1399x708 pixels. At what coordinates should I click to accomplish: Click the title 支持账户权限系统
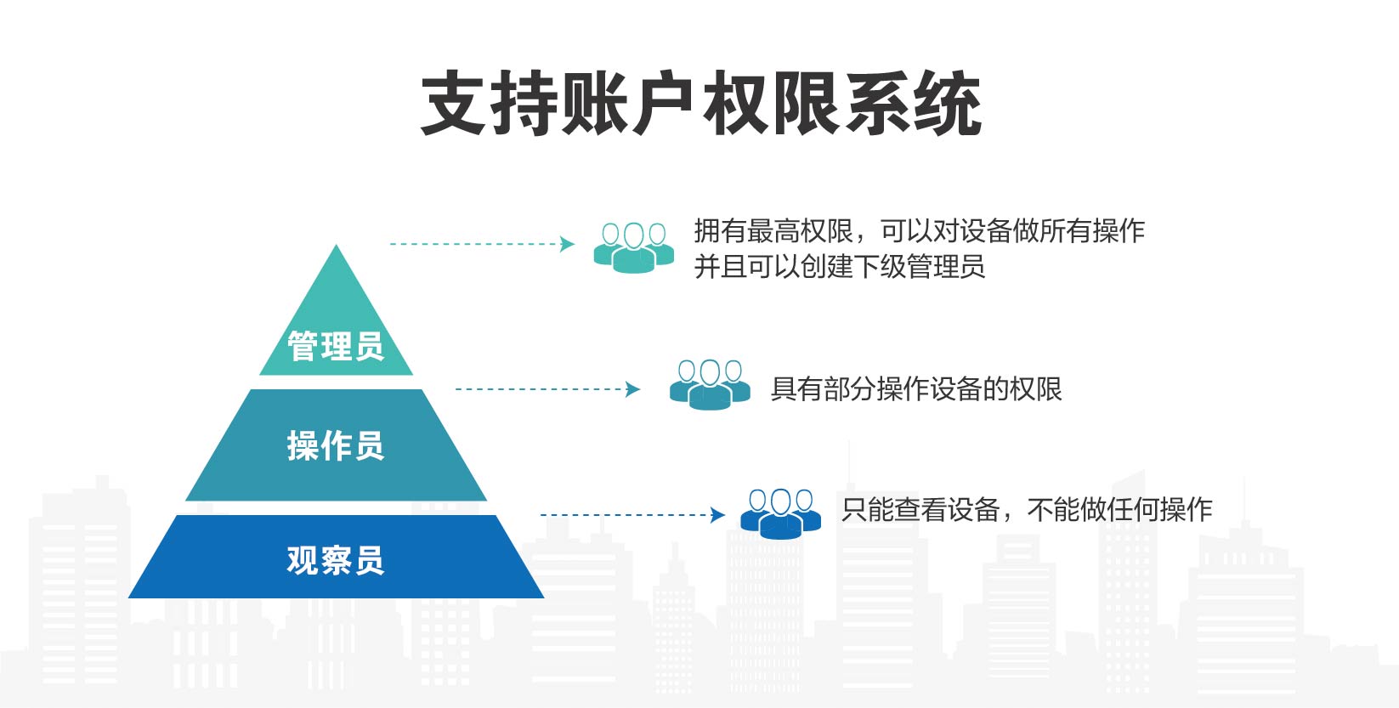(701, 103)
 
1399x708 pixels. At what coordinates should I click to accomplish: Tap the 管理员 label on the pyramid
(336, 346)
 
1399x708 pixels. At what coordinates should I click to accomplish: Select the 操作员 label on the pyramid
(336, 445)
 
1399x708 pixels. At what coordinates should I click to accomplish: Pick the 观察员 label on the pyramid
(336, 560)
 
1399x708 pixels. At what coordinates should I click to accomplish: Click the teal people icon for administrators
(634, 248)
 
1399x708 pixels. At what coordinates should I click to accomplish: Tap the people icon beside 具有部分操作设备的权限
(710, 384)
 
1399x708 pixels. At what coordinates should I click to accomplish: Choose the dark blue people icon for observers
(781, 514)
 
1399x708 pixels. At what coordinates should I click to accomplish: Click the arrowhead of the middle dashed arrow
(632, 389)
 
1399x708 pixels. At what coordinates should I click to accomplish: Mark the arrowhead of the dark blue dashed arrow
(717, 515)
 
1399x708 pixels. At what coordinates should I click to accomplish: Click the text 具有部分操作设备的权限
(916, 389)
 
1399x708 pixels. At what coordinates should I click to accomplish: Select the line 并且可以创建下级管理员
(840, 267)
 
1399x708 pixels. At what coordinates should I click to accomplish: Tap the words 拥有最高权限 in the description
(773, 231)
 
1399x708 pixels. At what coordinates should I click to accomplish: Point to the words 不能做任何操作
(1120, 510)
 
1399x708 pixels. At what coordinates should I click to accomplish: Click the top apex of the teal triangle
(336, 245)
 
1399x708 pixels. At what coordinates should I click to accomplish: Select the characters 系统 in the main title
(913, 103)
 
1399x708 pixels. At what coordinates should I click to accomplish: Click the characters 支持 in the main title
(489, 103)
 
